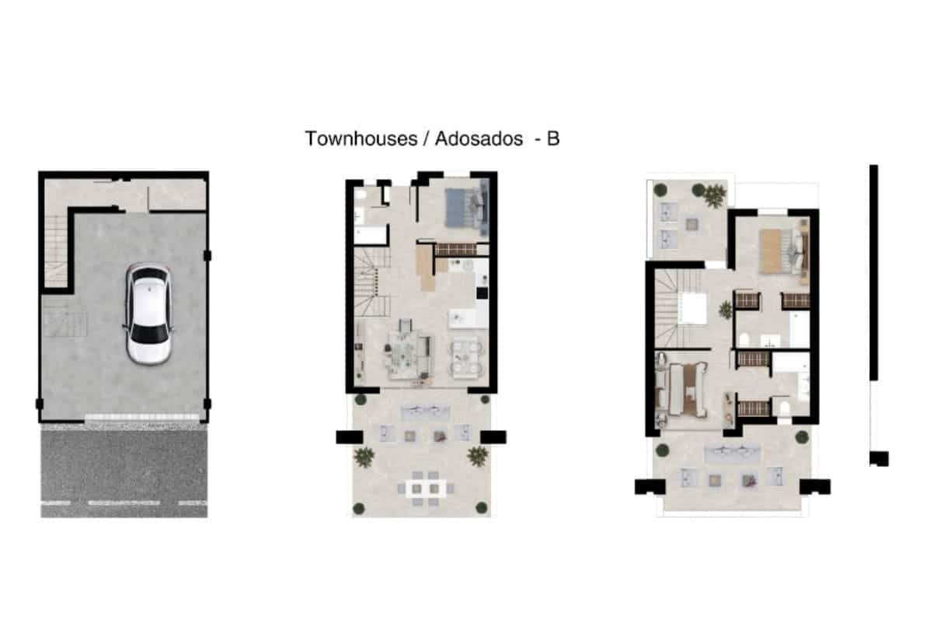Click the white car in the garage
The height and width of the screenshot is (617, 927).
[148, 314]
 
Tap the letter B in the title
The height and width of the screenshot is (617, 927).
[552, 138]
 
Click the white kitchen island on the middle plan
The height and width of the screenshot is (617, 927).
[463, 317]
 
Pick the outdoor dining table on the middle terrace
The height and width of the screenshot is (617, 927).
[427, 489]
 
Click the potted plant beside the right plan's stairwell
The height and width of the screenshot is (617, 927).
[725, 310]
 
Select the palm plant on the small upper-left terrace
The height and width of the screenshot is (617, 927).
[713, 195]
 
